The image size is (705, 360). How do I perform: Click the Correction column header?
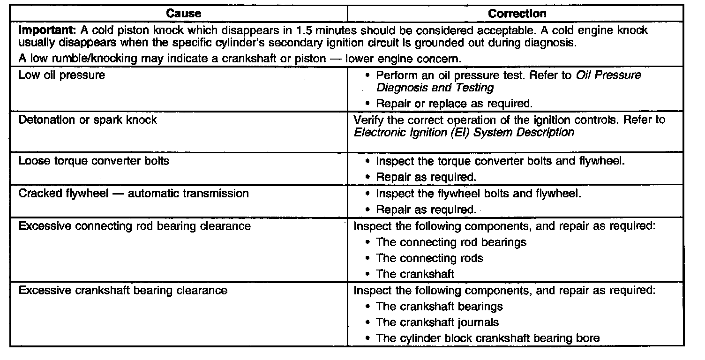(517, 14)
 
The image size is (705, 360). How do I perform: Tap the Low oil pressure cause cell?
(61, 75)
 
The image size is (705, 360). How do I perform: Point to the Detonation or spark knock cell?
(87, 120)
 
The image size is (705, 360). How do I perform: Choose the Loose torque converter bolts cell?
(94, 161)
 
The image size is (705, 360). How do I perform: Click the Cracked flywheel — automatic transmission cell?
(134, 193)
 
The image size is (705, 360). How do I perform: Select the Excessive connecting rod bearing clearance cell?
(134, 226)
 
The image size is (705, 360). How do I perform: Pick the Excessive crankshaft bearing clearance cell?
(123, 291)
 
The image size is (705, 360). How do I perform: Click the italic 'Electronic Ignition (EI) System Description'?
(464, 132)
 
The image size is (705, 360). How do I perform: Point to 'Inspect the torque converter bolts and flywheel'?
(501, 161)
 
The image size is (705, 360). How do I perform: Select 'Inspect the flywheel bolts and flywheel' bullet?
(479, 193)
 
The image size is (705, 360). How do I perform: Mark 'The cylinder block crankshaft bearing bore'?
(487, 338)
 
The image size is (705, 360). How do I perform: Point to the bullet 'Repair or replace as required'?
(454, 104)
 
